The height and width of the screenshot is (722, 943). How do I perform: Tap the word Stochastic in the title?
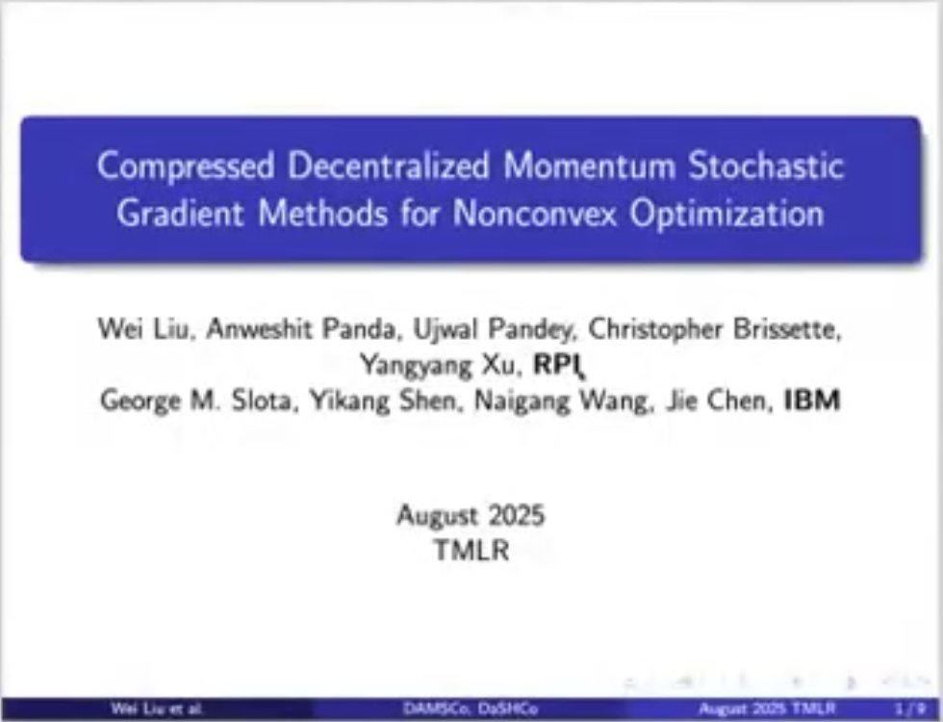click(x=765, y=167)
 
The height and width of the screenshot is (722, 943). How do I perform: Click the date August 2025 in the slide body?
click(x=471, y=515)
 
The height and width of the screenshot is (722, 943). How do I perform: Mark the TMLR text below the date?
click(x=471, y=551)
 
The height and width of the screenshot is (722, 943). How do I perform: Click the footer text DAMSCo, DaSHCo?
click(x=471, y=709)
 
